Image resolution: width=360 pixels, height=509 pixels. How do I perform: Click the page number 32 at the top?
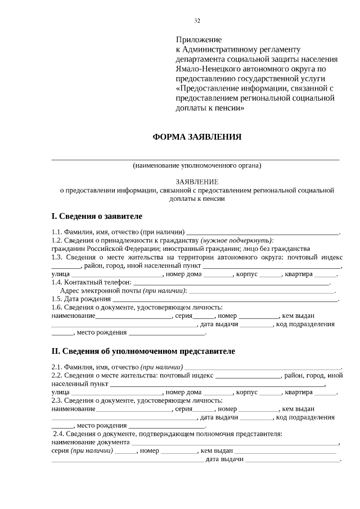pos(197,21)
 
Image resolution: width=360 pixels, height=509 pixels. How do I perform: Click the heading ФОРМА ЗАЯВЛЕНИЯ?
pos(197,137)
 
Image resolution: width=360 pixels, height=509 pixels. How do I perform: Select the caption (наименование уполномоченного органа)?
pos(197,166)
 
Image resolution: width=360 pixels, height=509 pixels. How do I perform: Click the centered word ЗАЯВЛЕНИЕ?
pos(197,182)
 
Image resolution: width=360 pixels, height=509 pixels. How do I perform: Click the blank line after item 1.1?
pos(263,232)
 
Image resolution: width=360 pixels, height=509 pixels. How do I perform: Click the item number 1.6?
pos(57,307)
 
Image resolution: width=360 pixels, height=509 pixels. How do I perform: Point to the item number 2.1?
pos(57,367)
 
